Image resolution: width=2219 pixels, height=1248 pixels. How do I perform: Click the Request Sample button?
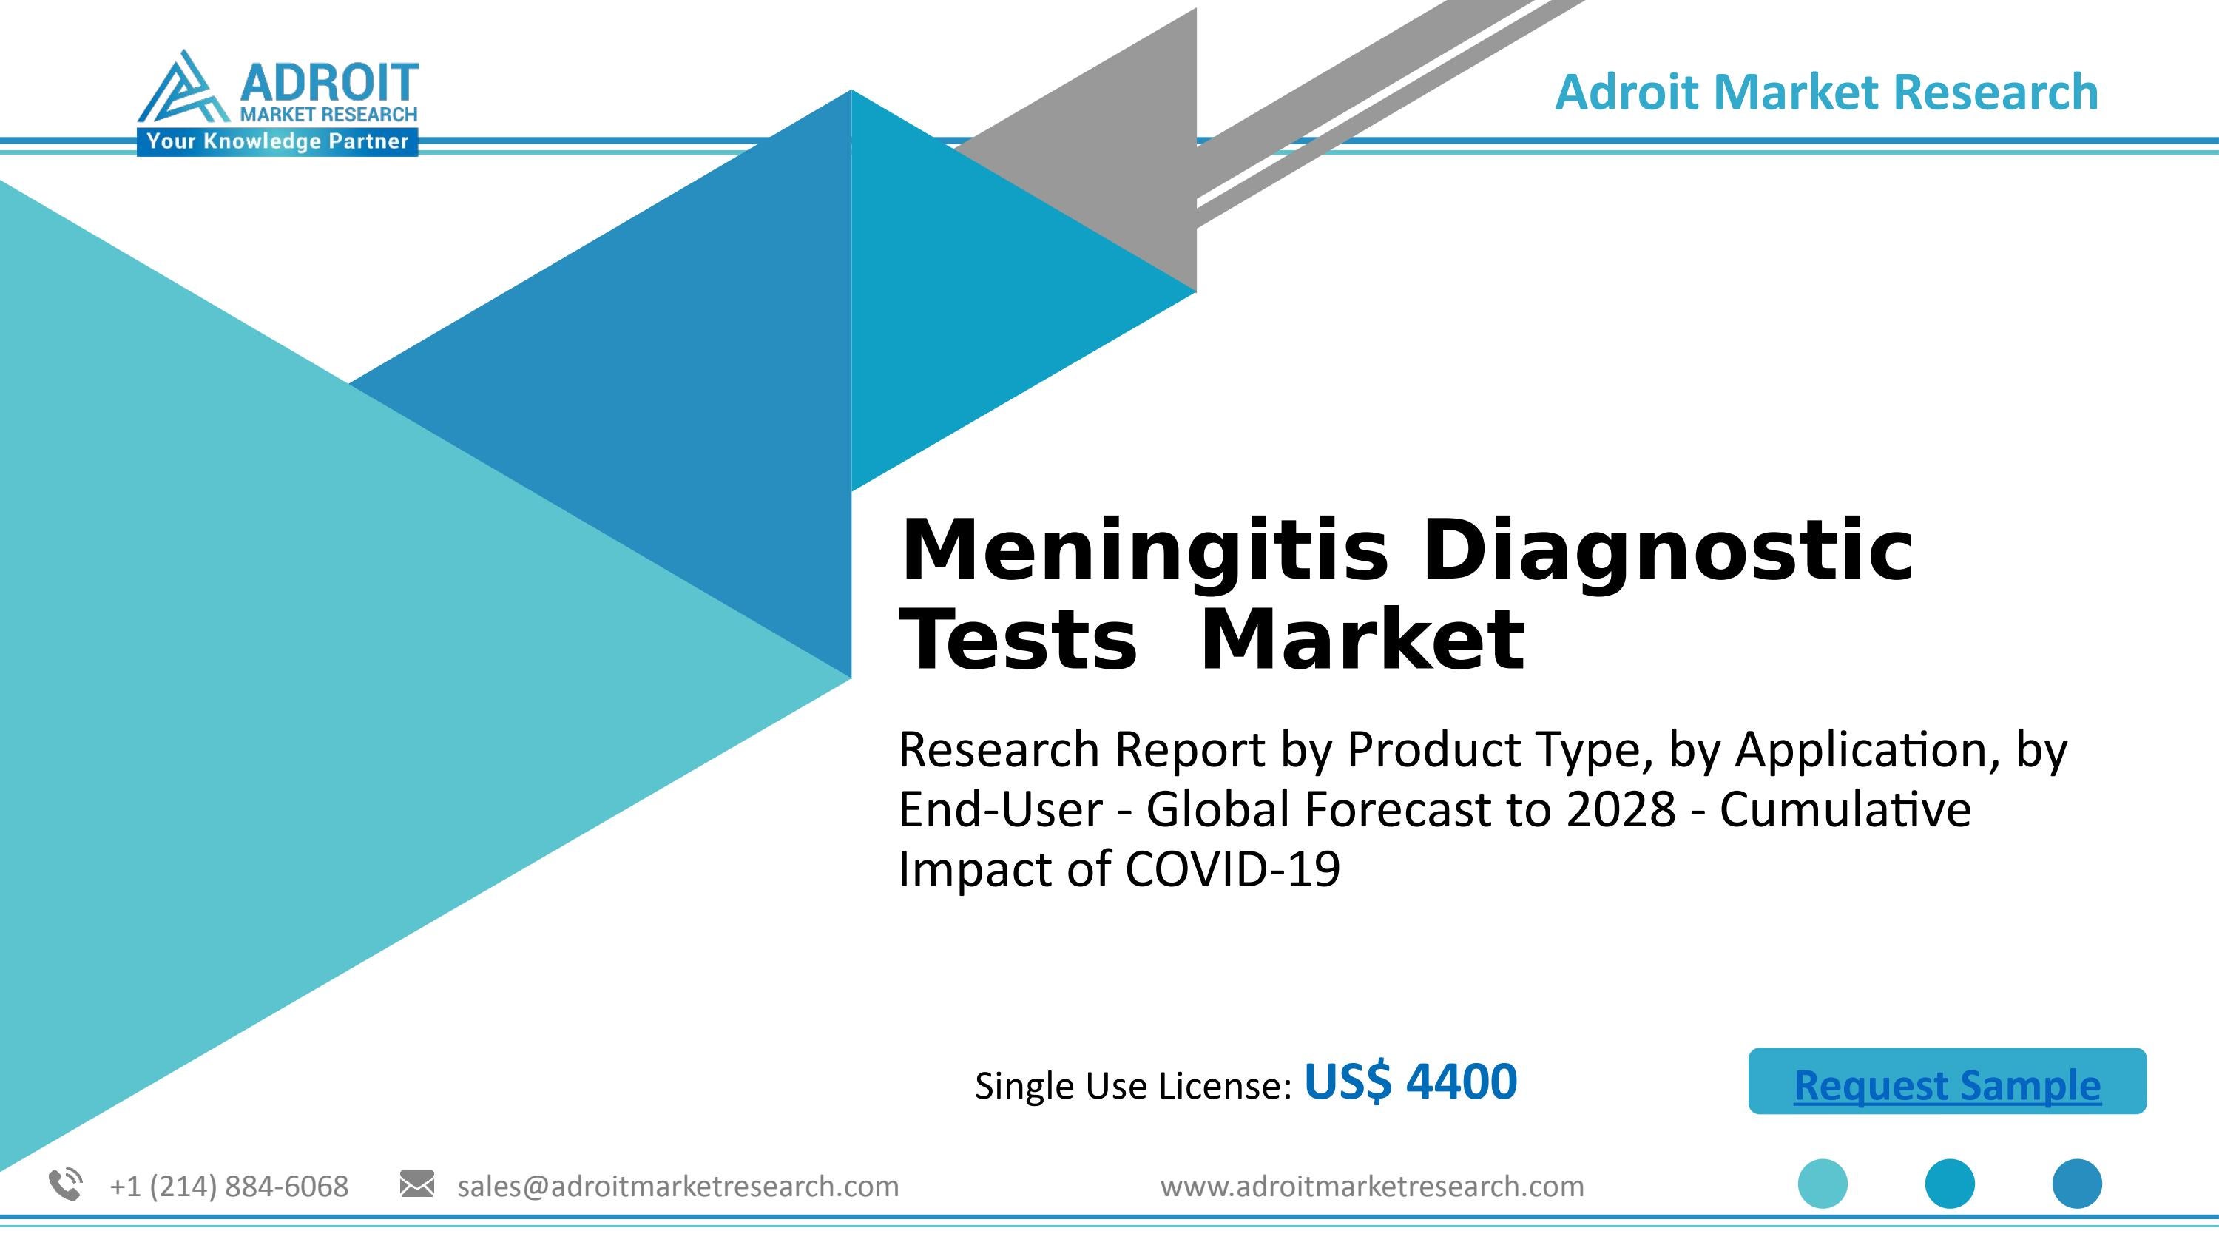click(x=1947, y=1082)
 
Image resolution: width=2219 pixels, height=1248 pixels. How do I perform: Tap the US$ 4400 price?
click(x=1410, y=1082)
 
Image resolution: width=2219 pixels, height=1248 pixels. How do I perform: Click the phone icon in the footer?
click(x=66, y=1184)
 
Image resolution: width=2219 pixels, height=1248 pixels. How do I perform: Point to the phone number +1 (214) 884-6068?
click(x=229, y=1187)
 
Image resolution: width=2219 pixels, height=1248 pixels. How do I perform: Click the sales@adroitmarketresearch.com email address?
click(x=678, y=1187)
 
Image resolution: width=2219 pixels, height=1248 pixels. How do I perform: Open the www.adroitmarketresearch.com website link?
click(x=1372, y=1187)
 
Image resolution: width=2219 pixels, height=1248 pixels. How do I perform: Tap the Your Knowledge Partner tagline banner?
click(x=277, y=141)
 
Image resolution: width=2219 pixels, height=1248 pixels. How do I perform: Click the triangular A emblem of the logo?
click(x=181, y=90)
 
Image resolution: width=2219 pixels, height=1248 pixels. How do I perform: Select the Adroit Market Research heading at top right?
click(x=1826, y=92)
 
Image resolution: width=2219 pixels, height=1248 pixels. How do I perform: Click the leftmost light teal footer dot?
click(x=1823, y=1184)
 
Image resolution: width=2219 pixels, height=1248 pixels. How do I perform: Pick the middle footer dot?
click(x=1949, y=1184)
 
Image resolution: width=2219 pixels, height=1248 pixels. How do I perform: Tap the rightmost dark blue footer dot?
click(x=2077, y=1184)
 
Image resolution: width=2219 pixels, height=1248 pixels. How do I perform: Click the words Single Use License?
click(x=1132, y=1086)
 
